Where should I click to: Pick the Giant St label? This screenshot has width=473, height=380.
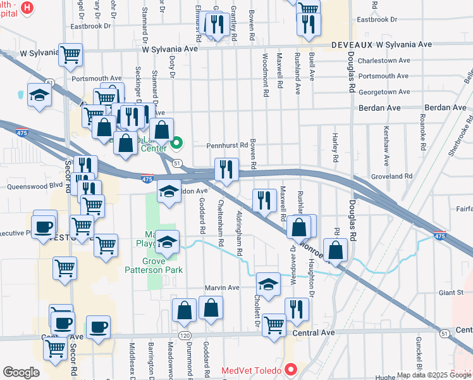point(451,293)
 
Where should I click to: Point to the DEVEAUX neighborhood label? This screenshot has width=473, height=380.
point(352,45)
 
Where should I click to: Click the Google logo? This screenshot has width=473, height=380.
point(21,372)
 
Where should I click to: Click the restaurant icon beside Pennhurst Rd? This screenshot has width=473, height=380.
point(226,169)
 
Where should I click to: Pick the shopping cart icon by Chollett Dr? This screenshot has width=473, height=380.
point(274,325)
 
